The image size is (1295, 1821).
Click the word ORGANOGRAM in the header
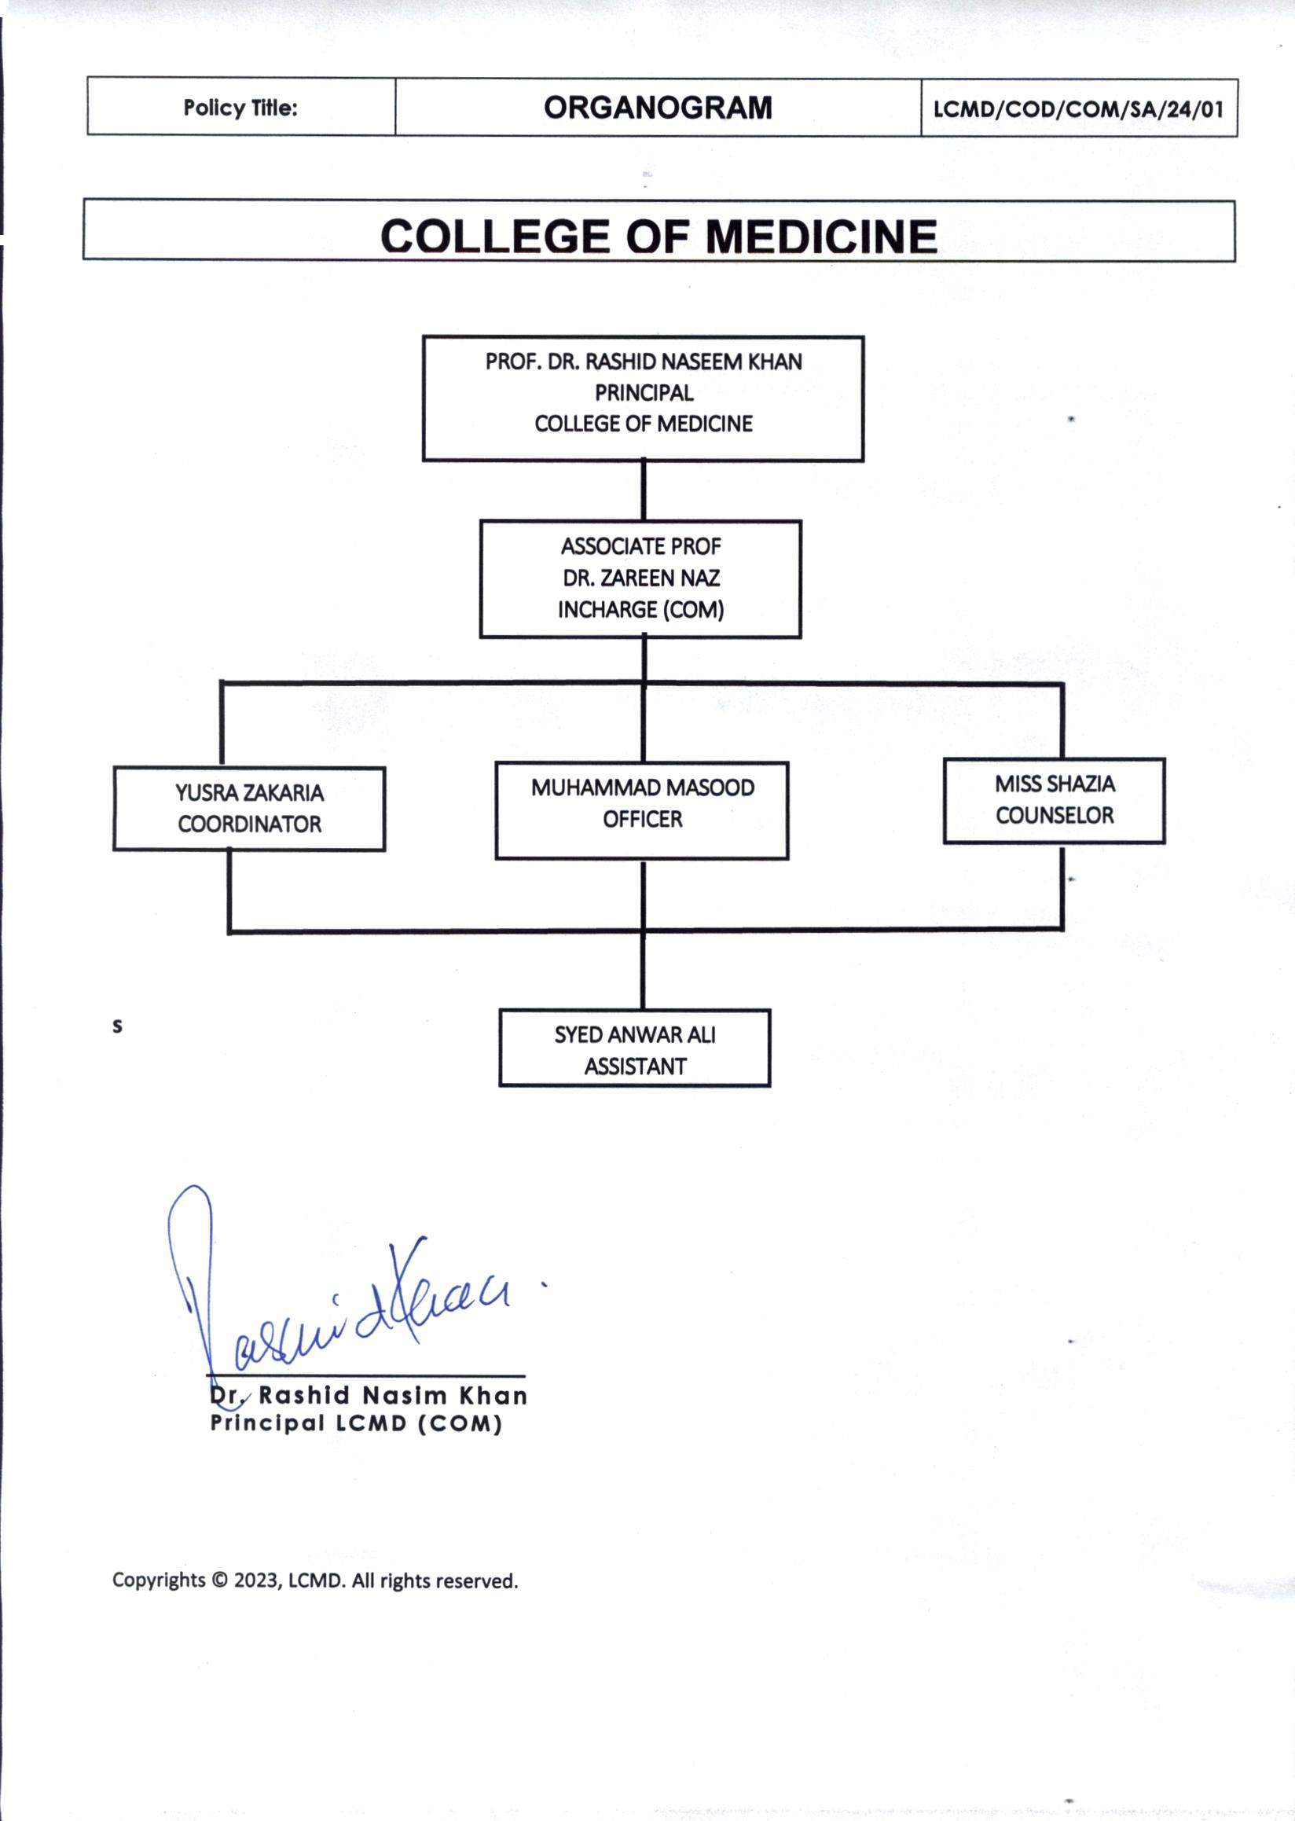point(657,108)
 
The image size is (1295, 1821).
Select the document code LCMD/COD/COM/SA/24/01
point(1078,108)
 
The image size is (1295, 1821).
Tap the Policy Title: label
point(240,108)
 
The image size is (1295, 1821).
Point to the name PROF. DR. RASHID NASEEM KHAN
point(644,362)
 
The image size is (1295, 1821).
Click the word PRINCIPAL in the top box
point(644,392)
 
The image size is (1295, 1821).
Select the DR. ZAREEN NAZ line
point(641,578)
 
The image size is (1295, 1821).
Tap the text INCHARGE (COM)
point(641,609)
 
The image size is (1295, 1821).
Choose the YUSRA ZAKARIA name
point(250,793)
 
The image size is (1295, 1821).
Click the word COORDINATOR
point(250,824)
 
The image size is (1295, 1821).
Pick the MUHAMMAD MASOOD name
point(643,788)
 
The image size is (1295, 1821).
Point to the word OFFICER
point(643,819)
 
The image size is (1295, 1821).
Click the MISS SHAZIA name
point(1055,784)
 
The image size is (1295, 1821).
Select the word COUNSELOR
point(1055,815)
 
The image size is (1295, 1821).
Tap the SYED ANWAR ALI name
point(635,1034)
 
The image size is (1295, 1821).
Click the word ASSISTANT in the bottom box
point(635,1067)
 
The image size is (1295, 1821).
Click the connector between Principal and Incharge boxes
point(644,490)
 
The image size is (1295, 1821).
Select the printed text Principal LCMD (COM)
point(356,1424)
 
